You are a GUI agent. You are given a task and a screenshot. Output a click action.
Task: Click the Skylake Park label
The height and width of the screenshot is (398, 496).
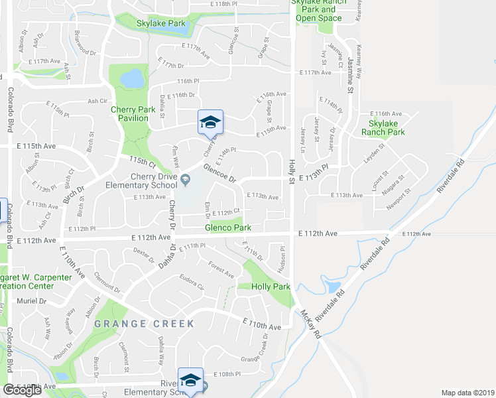tap(161, 23)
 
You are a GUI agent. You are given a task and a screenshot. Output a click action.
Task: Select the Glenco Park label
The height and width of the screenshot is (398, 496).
tap(227, 228)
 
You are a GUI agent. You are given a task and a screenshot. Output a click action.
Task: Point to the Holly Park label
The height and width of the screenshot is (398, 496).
tap(271, 287)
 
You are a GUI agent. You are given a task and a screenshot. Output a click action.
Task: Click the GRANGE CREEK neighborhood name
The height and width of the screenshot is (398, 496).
tap(144, 324)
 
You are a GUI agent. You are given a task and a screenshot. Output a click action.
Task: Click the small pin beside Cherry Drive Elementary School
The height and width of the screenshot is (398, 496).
tap(186, 177)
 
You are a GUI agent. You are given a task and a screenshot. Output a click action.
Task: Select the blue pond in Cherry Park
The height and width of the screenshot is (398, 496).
tap(132, 79)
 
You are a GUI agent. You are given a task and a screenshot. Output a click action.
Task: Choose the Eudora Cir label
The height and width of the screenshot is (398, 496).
tap(190, 283)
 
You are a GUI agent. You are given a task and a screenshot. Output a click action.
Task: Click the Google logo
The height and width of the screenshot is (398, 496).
tap(22, 389)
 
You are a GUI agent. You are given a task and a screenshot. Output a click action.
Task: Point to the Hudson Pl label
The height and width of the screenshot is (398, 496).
tap(282, 255)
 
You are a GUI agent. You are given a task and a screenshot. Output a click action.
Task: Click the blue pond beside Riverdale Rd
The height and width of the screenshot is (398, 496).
tap(332, 287)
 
